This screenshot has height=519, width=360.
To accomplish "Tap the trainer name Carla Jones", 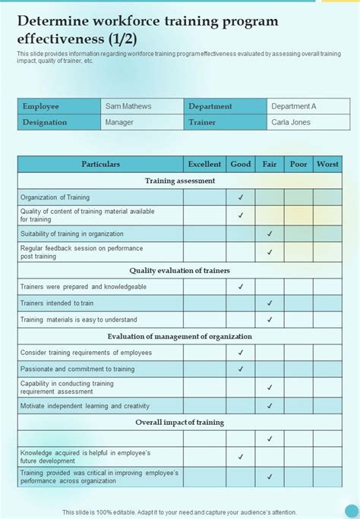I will point(289,121).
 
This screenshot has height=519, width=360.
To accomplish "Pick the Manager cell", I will point(119,121).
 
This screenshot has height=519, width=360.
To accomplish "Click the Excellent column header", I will point(204,164).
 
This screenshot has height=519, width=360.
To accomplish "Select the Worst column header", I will point(327,164).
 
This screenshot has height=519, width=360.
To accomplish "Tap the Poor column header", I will point(298,164).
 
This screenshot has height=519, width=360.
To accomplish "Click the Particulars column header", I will point(100,164).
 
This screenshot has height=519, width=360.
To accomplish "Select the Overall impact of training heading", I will point(180,422).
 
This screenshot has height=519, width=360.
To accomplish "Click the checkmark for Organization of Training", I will point(241,197).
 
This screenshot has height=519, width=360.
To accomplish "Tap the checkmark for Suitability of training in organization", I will point(270,234).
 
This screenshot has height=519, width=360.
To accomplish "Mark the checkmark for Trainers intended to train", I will point(270,304).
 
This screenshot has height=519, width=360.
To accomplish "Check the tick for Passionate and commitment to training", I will point(241,369).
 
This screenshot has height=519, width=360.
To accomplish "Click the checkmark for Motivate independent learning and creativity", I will point(270,406).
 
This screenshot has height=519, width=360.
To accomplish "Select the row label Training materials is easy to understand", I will point(79,319).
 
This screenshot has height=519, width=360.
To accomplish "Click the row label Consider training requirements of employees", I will point(86,352).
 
